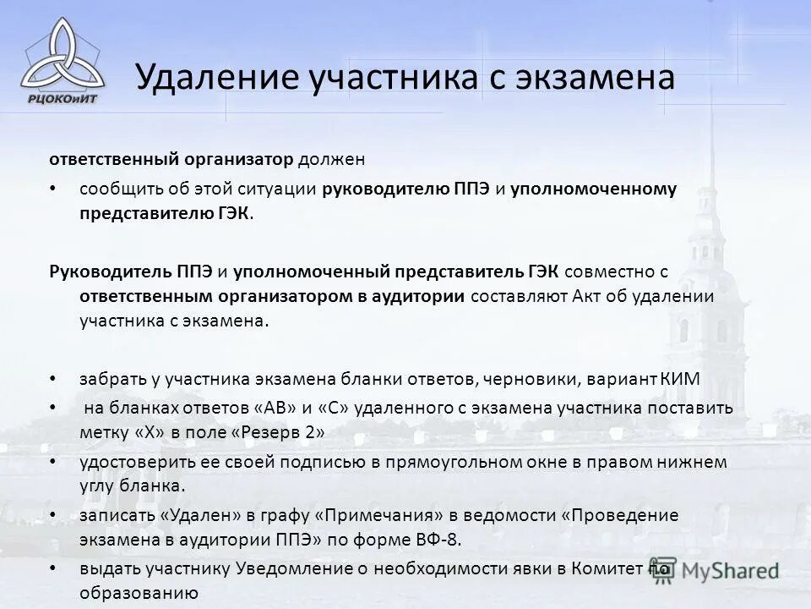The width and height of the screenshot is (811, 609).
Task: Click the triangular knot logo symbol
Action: pyautogui.click(x=57, y=52)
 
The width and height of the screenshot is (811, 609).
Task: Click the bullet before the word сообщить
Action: pyautogui.click(x=53, y=189)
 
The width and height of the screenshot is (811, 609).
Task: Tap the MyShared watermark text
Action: pyautogui.click(x=731, y=570)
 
